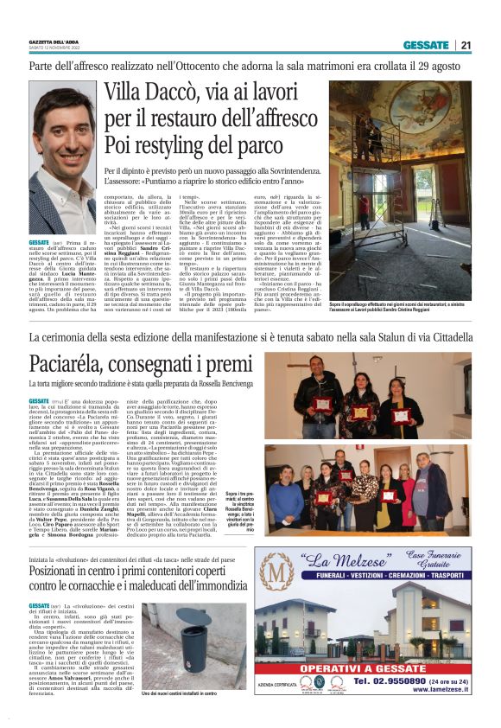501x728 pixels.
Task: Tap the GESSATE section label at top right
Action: (425, 45)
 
